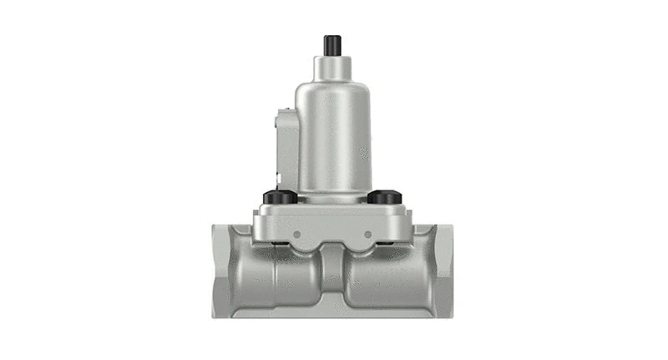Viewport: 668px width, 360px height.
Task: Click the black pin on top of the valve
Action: click(x=332, y=44)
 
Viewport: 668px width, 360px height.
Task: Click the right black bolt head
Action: click(x=384, y=197)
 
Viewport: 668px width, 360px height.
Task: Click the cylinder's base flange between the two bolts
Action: click(x=332, y=195)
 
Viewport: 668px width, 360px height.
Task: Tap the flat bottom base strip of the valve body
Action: click(x=332, y=312)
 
